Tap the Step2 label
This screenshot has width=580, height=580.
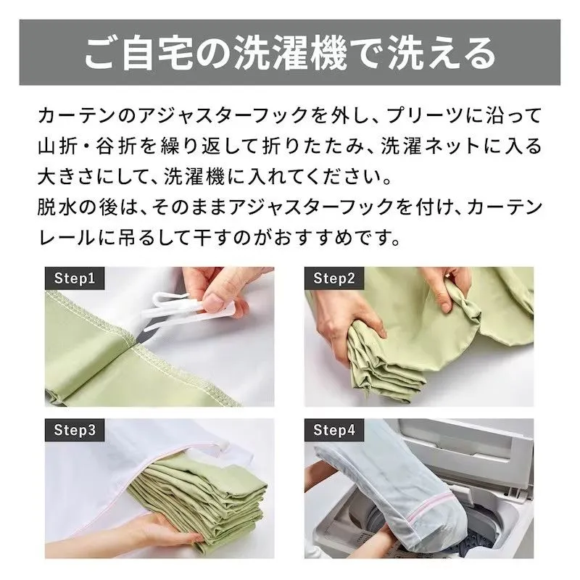pos(333,278)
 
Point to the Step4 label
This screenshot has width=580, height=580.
pos(334,429)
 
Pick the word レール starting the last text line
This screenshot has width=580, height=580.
pos(69,236)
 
